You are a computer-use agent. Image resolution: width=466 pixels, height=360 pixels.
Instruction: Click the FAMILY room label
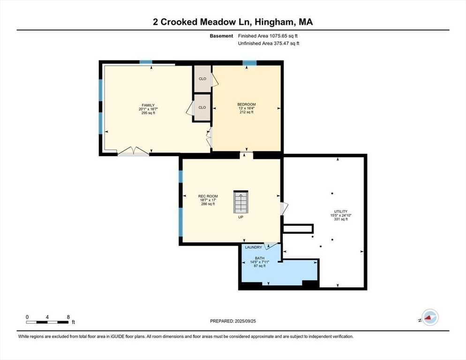[148, 105]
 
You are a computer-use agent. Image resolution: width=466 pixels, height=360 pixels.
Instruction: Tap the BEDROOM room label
[247, 105]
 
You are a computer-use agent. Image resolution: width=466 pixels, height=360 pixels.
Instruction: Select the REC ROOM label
[208, 196]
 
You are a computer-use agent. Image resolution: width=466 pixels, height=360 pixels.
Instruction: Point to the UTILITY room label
[340, 212]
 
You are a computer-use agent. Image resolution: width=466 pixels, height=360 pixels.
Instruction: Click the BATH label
[259, 258]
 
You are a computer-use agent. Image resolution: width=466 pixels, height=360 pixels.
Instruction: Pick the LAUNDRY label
[254, 247]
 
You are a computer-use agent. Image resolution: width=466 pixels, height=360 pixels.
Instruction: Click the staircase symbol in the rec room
[241, 202]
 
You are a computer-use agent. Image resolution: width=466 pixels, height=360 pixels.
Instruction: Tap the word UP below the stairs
[241, 217]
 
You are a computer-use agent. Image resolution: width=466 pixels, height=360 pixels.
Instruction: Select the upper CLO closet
[203, 79]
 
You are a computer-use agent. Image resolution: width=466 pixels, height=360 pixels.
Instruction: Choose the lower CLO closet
[202, 108]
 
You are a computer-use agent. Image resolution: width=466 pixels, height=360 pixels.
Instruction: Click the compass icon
[430, 317]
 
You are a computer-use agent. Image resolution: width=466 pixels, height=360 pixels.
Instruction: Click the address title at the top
[233, 22]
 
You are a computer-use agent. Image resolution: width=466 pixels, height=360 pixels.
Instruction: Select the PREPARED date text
[233, 321]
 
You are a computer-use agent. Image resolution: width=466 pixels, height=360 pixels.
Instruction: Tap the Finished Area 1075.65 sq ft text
[268, 36]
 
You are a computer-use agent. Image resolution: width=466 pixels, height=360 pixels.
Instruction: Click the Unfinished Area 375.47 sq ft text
[269, 44]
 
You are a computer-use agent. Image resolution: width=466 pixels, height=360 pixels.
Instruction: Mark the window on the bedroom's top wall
[249, 63]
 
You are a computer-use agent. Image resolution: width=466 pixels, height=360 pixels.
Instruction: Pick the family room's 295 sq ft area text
[148, 113]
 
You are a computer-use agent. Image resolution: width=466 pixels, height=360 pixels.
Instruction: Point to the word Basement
[221, 36]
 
